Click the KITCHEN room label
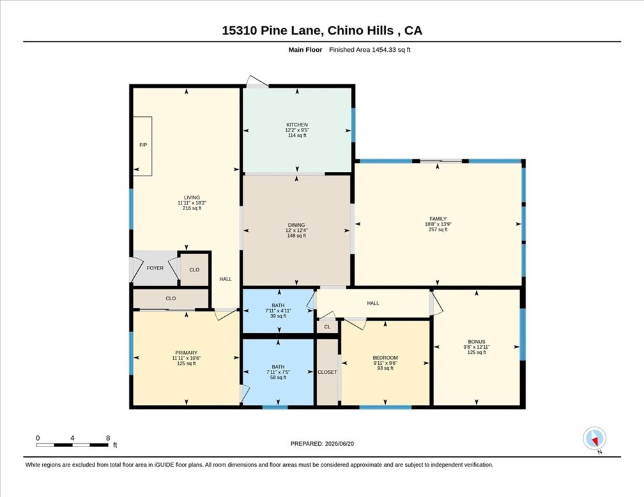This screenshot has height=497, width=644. pyautogui.click(x=297, y=125)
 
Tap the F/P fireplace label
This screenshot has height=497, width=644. pyautogui.click(x=143, y=145)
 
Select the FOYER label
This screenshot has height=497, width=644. pyautogui.click(x=155, y=268)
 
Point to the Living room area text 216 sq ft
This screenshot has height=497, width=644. pyautogui.click(x=192, y=208)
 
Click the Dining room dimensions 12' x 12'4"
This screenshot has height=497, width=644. pyautogui.click(x=296, y=231)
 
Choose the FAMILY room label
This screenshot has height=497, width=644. pyautogui.click(x=438, y=219)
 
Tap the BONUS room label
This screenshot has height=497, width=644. pyautogui.click(x=477, y=342)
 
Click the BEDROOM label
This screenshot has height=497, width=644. pyautogui.click(x=385, y=358)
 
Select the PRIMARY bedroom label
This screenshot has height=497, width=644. pyautogui.click(x=187, y=353)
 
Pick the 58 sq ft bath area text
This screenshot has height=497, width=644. pyautogui.click(x=278, y=378)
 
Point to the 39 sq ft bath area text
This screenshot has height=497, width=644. pyautogui.click(x=278, y=316)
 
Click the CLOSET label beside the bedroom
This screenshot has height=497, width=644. pyautogui.click(x=327, y=372)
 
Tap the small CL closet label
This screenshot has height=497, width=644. pyautogui.click(x=327, y=327)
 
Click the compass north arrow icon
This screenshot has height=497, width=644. pyautogui.click(x=594, y=439)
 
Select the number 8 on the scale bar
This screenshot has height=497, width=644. pyautogui.click(x=108, y=438)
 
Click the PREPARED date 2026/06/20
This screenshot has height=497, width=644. pyautogui.click(x=340, y=443)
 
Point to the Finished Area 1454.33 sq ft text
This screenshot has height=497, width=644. pyautogui.click(x=370, y=50)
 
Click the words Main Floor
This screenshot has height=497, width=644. pyautogui.click(x=305, y=50)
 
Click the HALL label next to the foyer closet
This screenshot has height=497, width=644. pyautogui.click(x=226, y=279)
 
